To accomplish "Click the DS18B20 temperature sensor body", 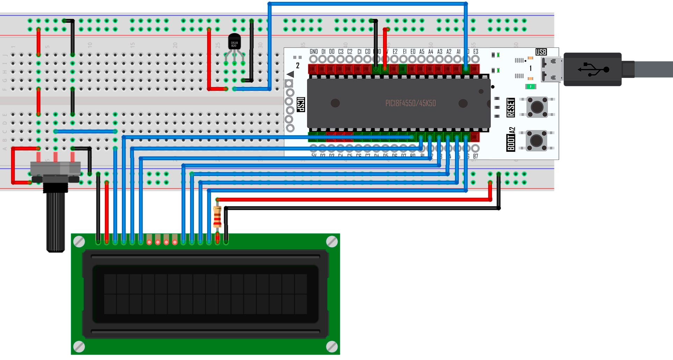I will pos(234,42).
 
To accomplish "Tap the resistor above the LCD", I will pos(217,217).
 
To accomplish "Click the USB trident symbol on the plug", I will pos(593,69).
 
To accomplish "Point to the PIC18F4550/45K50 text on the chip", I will pos(410,103).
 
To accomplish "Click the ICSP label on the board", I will pos(301,105).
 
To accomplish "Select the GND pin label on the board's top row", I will pos(314,52).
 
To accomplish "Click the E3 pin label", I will pos(476,52).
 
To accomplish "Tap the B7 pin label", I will pos(476,156).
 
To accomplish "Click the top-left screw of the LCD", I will pos(79,242).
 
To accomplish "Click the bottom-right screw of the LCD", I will pos(332,346).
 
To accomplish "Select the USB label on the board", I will pos(541,52).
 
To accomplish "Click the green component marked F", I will pos(530,86).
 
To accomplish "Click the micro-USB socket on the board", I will pos(551,69).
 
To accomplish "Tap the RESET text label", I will pos(511,107).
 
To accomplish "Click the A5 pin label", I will pos(422,52).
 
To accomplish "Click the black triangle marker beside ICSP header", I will pos(290,74).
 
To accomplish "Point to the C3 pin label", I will pos(341,52).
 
